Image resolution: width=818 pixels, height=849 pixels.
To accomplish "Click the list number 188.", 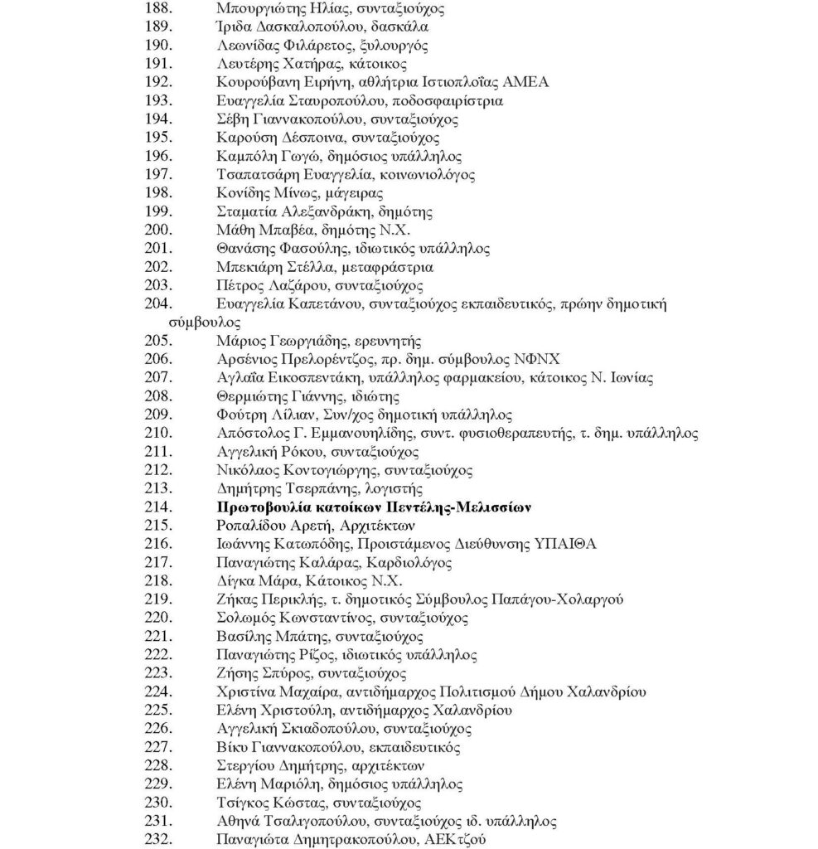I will pos(159,10).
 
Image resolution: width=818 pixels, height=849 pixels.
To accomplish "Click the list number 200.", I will pos(159,230).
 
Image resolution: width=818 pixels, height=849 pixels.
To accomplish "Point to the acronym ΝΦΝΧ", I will pos(535,359).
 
